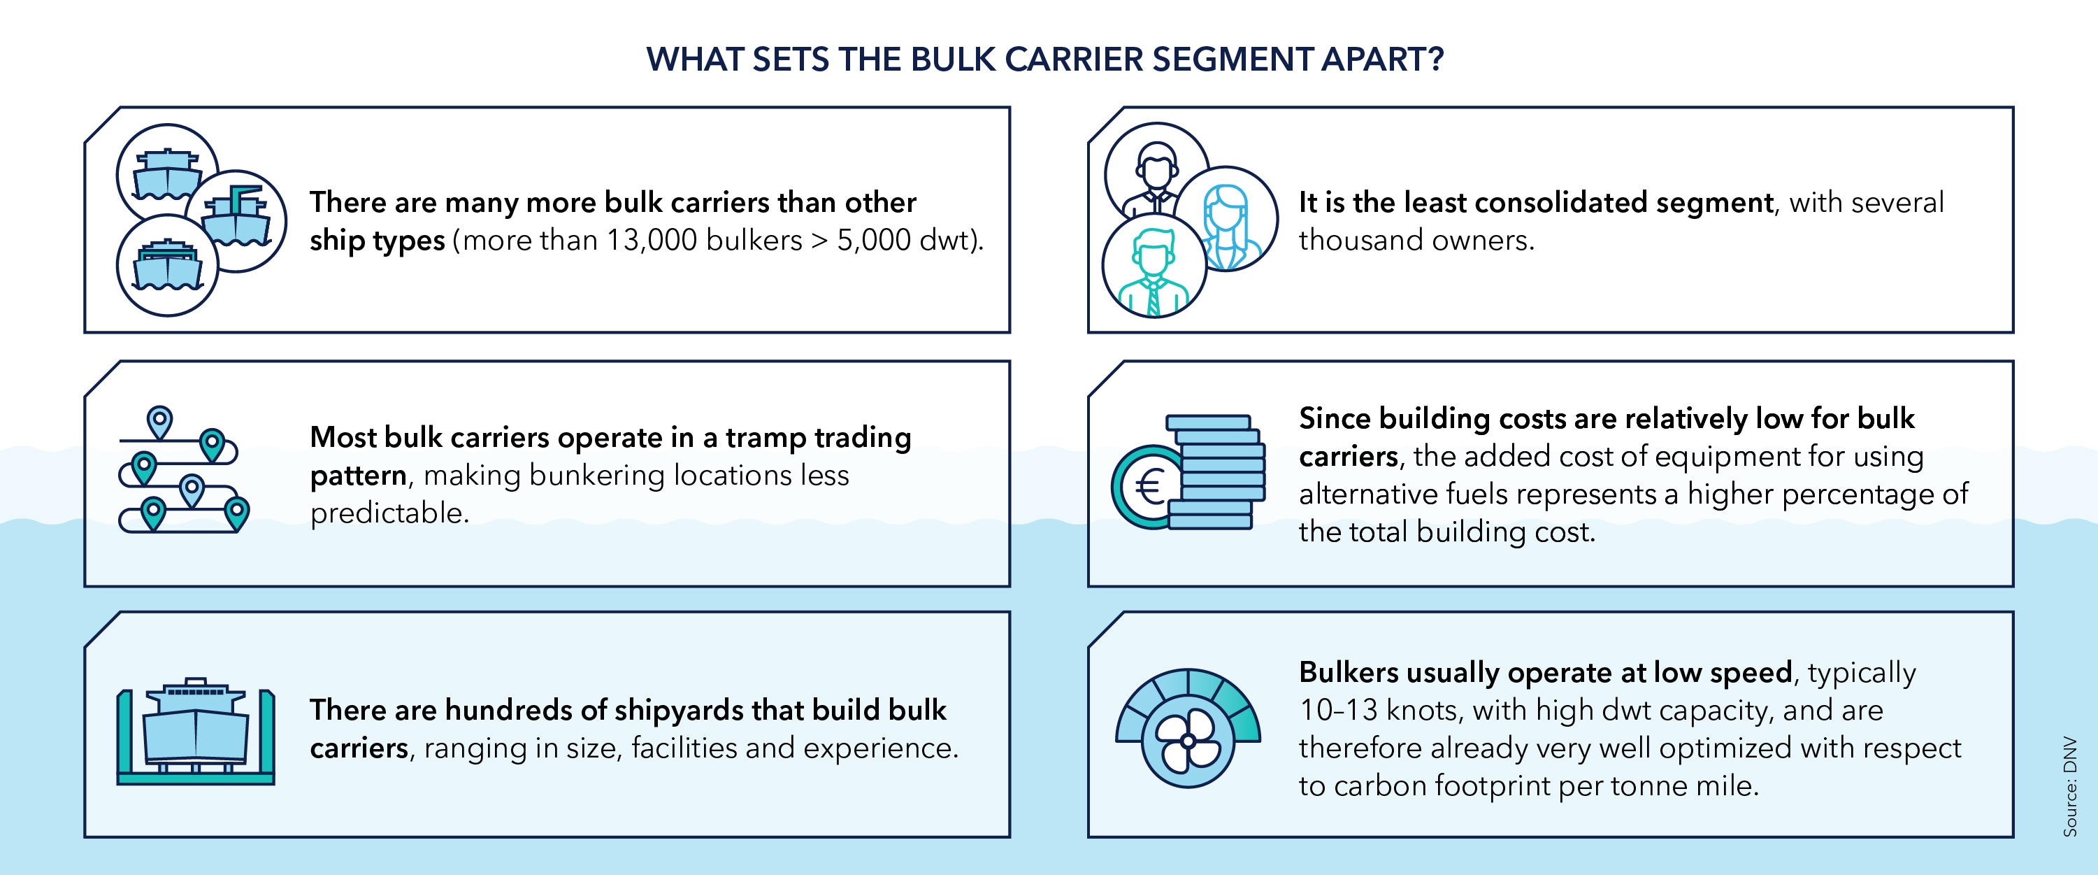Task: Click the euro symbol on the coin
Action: (1149, 488)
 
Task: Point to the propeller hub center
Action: (1188, 741)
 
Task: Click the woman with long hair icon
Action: (1226, 220)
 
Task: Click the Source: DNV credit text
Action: (2069, 787)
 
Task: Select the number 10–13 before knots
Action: (1338, 711)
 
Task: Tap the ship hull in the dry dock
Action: (196, 733)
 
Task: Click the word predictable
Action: (389, 513)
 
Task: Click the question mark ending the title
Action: (1436, 59)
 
